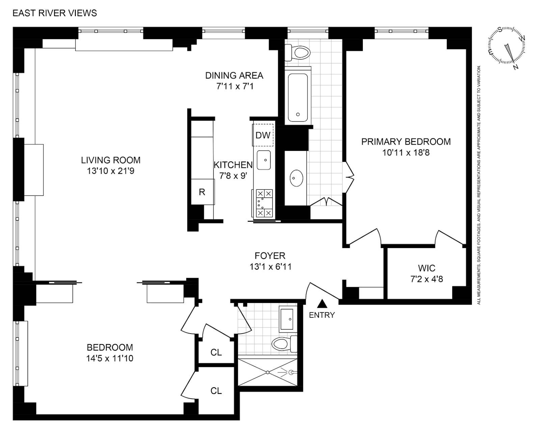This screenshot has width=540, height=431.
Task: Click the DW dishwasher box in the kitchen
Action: click(263, 135)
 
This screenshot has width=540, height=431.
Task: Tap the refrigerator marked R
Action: click(202, 192)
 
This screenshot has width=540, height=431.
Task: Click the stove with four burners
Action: click(264, 203)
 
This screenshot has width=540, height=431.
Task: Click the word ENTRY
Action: click(322, 315)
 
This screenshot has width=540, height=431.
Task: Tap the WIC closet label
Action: click(427, 268)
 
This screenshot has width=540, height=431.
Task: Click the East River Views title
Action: click(55, 13)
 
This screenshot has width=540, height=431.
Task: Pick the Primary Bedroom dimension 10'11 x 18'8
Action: click(406, 153)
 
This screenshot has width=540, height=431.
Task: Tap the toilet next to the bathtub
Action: click(299, 53)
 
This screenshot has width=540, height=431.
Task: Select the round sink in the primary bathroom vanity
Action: click(296, 178)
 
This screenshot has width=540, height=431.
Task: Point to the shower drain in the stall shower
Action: click(267, 372)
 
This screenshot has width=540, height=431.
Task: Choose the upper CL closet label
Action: click(216, 352)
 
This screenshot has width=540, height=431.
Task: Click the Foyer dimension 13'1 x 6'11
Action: click(270, 267)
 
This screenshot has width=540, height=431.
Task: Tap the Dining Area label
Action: click(234, 75)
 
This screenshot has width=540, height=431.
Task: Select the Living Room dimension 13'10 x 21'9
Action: click(111, 171)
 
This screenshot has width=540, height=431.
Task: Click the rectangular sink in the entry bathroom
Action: click(288, 319)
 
